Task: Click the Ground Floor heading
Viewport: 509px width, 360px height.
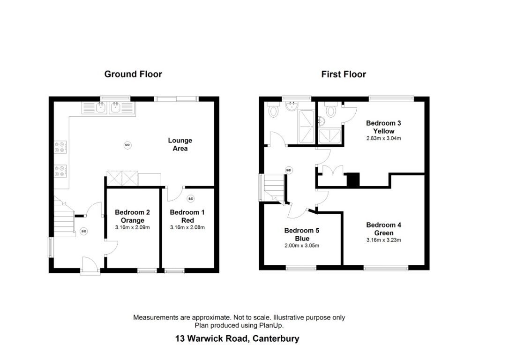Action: (133, 74)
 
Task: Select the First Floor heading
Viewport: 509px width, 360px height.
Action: (343, 74)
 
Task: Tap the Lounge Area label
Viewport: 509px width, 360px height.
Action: (180, 144)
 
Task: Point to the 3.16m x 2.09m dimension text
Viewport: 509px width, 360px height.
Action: (133, 227)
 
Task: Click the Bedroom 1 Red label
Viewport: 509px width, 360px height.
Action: (187, 216)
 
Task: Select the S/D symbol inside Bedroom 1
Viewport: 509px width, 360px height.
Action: (190, 199)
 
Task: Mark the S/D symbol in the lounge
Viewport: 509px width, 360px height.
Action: (127, 145)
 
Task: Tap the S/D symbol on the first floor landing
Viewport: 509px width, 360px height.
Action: (289, 170)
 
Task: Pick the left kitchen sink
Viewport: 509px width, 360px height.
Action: (101, 108)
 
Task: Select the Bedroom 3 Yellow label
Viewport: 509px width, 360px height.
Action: (383, 127)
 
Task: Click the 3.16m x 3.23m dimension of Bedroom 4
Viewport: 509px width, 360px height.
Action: (383, 240)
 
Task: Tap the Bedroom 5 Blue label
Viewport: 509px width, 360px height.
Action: (302, 234)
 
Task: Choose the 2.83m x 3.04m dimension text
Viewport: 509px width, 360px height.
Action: (383, 138)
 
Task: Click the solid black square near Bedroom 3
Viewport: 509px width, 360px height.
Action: (352, 180)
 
